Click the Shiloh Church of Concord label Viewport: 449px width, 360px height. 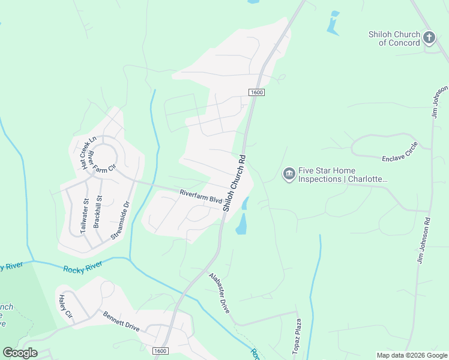[394, 38]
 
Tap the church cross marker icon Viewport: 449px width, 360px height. [429, 38]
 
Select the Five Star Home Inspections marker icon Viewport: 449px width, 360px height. [288, 174]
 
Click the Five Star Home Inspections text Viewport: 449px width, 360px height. [343, 175]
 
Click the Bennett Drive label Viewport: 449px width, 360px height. [121, 322]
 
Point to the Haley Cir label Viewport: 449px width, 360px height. [65, 307]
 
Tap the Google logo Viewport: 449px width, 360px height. [20, 353]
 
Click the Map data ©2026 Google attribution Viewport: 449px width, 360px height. [412, 355]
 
